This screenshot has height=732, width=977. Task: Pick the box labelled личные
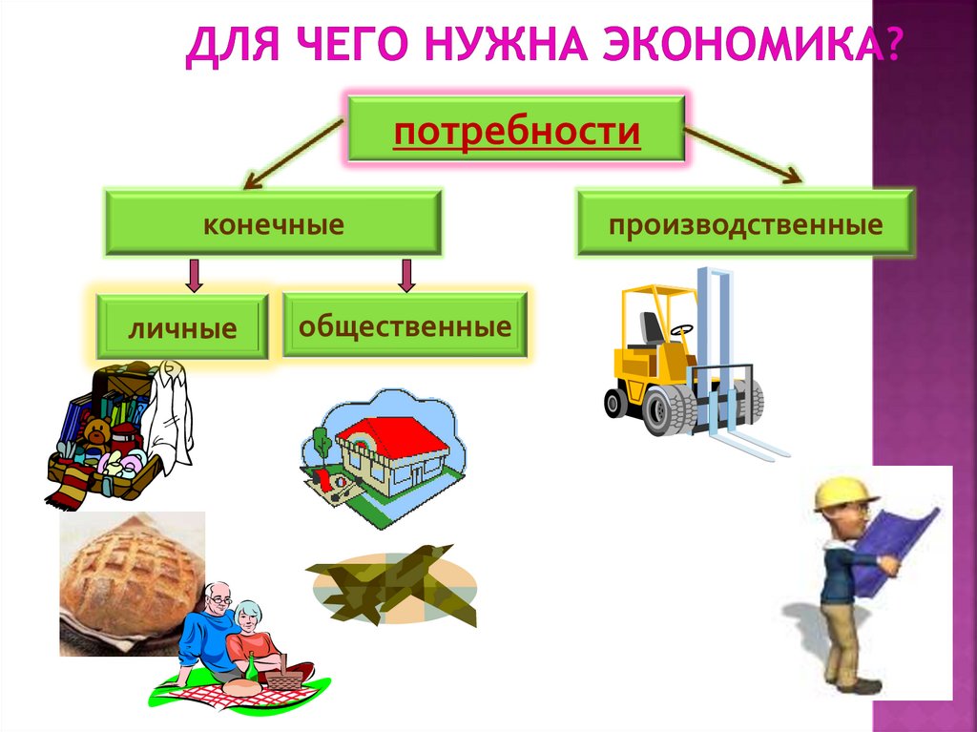pos(182,329)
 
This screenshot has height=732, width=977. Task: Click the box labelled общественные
pos(405,325)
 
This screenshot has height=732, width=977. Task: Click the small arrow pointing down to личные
pos(195,275)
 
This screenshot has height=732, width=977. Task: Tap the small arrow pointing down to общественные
pos(406,275)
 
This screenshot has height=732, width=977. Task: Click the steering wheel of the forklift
pos(681,329)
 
